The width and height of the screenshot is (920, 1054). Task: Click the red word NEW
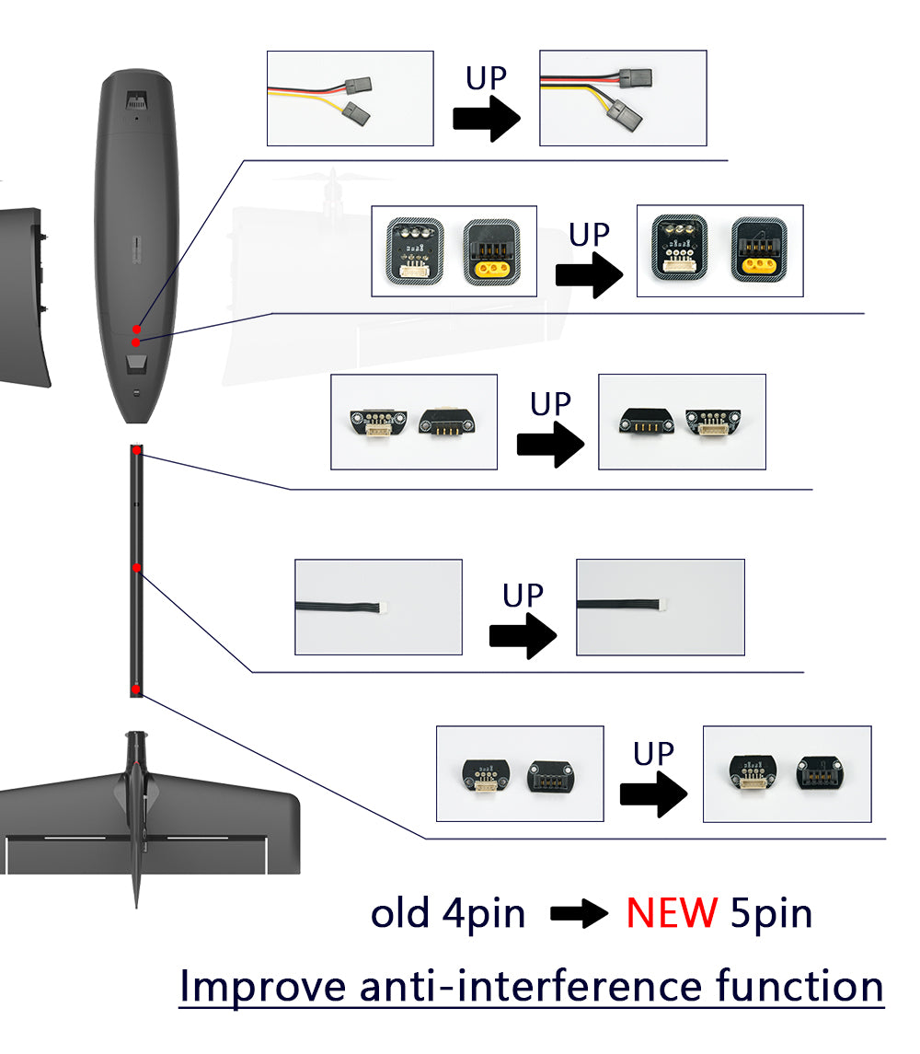[x=672, y=913]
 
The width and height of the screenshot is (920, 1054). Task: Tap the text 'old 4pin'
[x=448, y=913]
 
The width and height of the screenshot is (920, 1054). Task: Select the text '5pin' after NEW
[x=772, y=913]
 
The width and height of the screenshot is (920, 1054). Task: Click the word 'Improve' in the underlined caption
[x=263, y=986]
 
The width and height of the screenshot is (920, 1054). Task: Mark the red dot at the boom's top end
[x=136, y=450]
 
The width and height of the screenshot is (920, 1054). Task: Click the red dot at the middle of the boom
[x=136, y=567]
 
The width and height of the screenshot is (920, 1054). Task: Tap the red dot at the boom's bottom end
[x=136, y=689]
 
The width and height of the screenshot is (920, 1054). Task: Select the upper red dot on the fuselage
[x=136, y=329]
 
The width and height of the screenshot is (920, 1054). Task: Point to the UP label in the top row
[x=486, y=78]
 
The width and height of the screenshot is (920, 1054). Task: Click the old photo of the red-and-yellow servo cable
[x=350, y=98]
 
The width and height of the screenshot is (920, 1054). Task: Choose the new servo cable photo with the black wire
[x=623, y=98]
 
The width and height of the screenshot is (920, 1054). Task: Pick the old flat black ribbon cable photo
[x=378, y=607]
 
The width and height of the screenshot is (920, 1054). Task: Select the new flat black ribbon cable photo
[x=660, y=607]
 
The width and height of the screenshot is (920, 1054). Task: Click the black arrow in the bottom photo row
[x=653, y=794]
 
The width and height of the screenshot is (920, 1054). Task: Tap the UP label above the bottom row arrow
[x=653, y=754]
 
